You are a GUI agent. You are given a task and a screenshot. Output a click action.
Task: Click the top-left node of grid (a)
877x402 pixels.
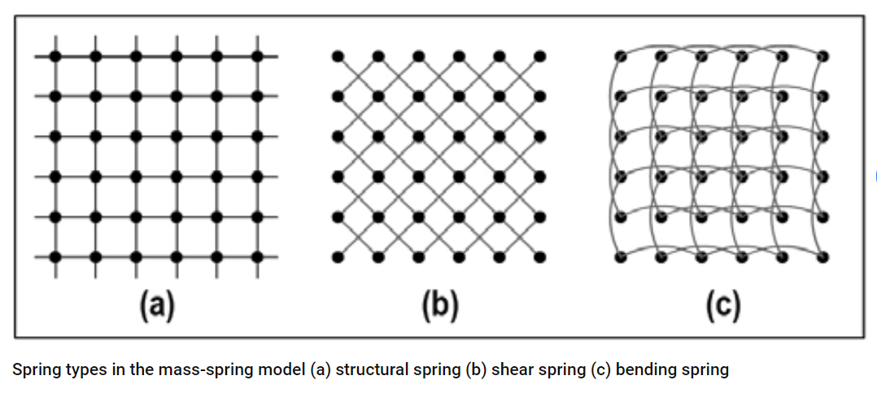click(x=55, y=56)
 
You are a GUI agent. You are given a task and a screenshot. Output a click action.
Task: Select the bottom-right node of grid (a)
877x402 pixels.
click(x=257, y=258)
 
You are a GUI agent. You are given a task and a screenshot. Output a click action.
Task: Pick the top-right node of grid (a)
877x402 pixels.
click(x=257, y=56)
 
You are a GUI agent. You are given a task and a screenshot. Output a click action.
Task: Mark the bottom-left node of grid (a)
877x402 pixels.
click(x=55, y=258)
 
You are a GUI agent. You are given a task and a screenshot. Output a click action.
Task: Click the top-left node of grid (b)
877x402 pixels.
click(x=338, y=56)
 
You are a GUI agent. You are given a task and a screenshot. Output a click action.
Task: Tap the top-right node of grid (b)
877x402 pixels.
click(x=539, y=56)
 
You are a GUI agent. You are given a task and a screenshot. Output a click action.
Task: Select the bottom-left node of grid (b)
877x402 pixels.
click(x=338, y=258)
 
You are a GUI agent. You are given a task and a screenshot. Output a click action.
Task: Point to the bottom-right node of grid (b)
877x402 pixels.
click(x=539, y=258)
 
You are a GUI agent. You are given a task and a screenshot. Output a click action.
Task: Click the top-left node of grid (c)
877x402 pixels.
click(x=620, y=56)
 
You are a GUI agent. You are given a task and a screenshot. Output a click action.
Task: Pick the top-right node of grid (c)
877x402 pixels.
click(x=822, y=56)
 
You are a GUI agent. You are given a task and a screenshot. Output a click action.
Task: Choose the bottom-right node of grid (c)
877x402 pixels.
click(x=822, y=258)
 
